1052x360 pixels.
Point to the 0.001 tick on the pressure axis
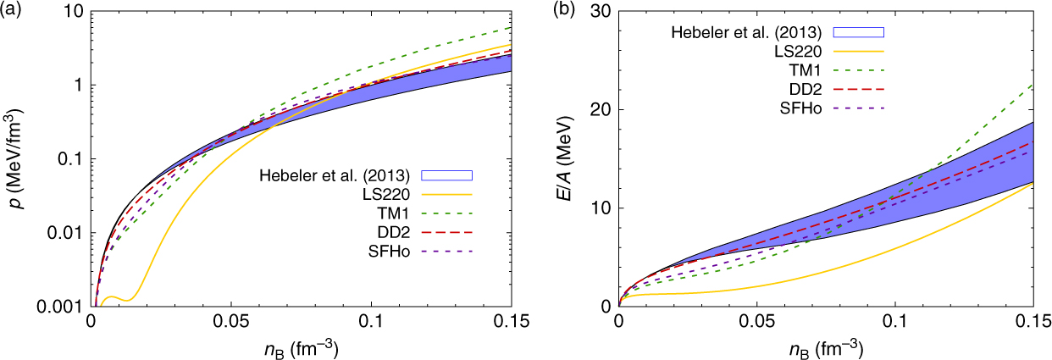pyautogui.click(x=65, y=306)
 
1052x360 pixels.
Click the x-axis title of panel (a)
pyautogui.click(x=301, y=347)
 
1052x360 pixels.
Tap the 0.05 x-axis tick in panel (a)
pyautogui.click(x=231, y=324)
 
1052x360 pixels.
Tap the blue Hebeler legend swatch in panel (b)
pyautogui.click(x=860, y=32)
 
